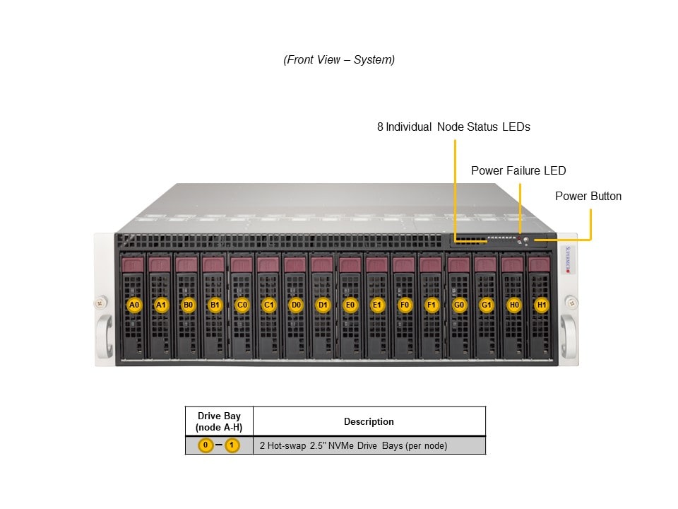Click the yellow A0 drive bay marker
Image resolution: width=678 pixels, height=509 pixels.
click(x=133, y=305)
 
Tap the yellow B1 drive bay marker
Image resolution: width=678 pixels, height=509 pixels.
click(x=215, y=305)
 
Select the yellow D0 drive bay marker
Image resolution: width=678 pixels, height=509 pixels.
click(x=296, y=305)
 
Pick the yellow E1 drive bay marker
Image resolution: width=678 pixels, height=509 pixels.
click(x=377, y=305)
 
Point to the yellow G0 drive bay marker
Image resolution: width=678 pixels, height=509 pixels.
click(x=460, y=305)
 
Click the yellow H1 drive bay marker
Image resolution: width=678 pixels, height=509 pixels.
click(x=542, y=305)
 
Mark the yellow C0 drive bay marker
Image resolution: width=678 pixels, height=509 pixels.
click(x=242, y=305)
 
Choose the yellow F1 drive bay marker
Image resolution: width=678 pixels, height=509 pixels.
click(x=432, y=305)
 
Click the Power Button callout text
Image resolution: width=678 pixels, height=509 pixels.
click(x=588, y=196)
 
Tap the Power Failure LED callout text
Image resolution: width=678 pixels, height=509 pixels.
click(x=518, y=170)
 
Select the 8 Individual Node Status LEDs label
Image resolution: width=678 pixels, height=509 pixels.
click(x=453, y=127)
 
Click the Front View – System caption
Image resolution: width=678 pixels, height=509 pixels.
click(x=339, y=60)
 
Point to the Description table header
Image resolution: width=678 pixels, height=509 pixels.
click(x=369, y=421)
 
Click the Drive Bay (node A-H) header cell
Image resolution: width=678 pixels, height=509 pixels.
click(x=219, y=421)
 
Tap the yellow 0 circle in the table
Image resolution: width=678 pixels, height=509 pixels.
click(x=205, y=445)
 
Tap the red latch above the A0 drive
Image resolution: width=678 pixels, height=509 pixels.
click(x=133, y=264)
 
